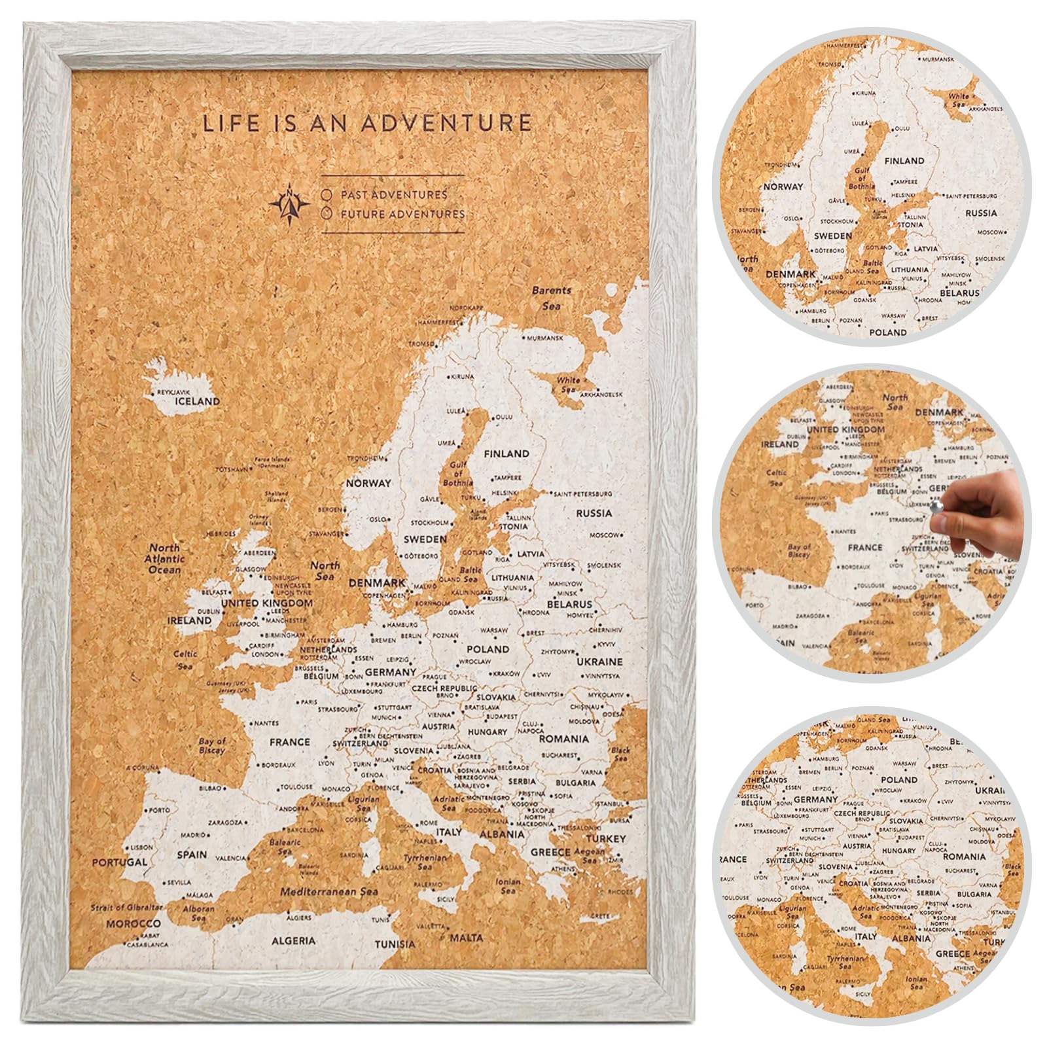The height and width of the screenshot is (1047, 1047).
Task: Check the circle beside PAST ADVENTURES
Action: click(x=327, y=195)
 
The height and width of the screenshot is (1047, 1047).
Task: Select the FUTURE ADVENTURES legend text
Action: click(x=402, y=214)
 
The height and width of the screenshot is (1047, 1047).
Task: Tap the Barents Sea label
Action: click(x=551, y=298)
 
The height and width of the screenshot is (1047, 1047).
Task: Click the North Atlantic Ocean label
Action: click(x=165, y=559)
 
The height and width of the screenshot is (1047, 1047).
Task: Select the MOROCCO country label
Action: click(x=133, y=923)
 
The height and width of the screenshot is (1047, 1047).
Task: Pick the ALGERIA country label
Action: click(x=294, y=940)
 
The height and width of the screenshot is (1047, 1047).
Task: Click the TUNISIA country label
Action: click(x=395, y=944)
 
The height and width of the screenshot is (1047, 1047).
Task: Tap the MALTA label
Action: click(x=466, y=938)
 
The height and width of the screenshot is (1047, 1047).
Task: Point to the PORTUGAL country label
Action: click(x=119, y=862)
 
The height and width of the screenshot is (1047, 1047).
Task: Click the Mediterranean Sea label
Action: click(x=329, y=891)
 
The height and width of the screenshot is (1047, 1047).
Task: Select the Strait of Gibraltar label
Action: click(x=126, y=908)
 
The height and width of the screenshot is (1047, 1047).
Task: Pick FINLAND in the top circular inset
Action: click(x=904, y=161)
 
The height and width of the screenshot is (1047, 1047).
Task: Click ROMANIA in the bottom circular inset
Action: click(x=964, y=857)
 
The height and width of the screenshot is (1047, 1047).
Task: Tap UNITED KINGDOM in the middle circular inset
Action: click(x=845, y=430)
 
